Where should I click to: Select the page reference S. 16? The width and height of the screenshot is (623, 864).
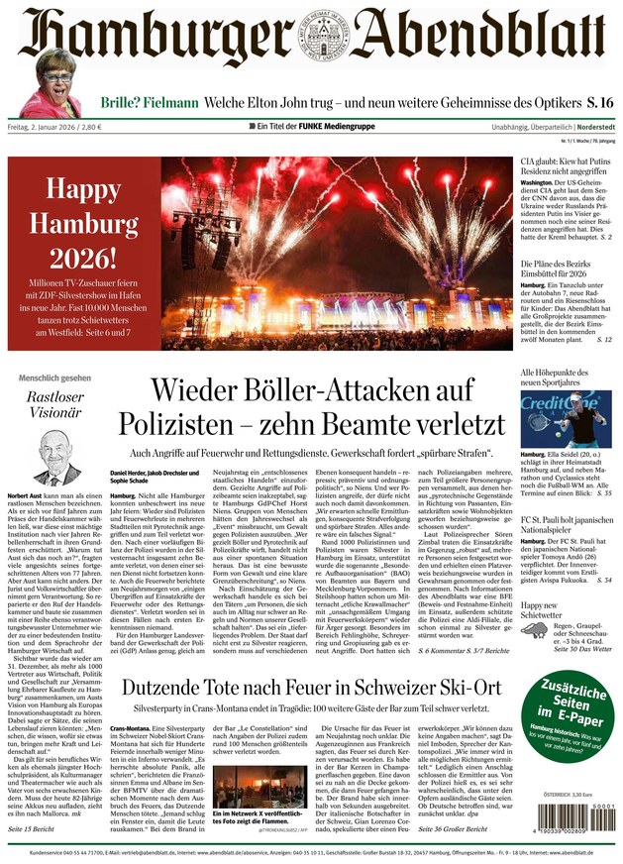coord(593,102)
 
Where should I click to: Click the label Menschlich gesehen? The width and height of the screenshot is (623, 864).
coord(55,378)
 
